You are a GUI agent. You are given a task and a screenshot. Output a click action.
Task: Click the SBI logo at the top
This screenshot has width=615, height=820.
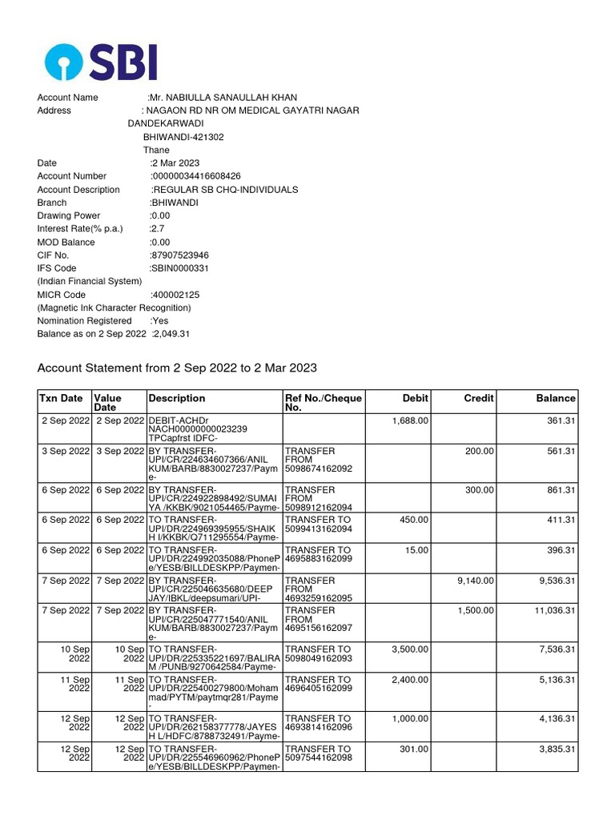[101, 61]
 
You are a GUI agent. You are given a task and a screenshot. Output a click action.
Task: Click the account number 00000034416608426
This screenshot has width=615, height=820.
[196, 176]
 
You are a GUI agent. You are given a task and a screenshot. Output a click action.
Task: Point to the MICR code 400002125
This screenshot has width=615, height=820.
[175, 295]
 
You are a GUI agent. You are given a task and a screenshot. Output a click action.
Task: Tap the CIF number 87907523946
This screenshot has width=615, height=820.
[179, 255]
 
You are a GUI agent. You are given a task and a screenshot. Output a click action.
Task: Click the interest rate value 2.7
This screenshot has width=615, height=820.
[158, 229]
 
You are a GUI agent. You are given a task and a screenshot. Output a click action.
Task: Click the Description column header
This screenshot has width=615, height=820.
[177, 398]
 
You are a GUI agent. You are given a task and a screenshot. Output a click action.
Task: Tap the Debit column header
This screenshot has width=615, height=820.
[415, 398]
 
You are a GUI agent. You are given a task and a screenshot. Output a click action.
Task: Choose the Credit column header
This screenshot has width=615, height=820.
[478, 398]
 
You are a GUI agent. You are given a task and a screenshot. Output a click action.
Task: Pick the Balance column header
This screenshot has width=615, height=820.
[556, 398]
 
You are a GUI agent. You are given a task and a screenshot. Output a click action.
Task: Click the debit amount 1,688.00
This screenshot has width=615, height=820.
[411, 420]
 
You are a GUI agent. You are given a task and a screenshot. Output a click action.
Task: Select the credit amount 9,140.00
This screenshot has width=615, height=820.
[476, 581]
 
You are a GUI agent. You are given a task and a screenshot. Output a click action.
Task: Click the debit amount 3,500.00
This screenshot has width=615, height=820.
[411, 649]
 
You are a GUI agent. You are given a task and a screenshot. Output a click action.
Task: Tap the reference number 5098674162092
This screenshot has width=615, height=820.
[318, 468]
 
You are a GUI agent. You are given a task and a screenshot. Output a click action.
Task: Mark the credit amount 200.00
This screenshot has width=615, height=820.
[480, 452]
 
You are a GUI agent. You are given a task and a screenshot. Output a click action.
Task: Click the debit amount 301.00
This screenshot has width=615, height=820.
[415, 750]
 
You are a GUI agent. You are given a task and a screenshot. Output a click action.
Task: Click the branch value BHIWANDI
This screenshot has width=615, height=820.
[175, 203]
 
